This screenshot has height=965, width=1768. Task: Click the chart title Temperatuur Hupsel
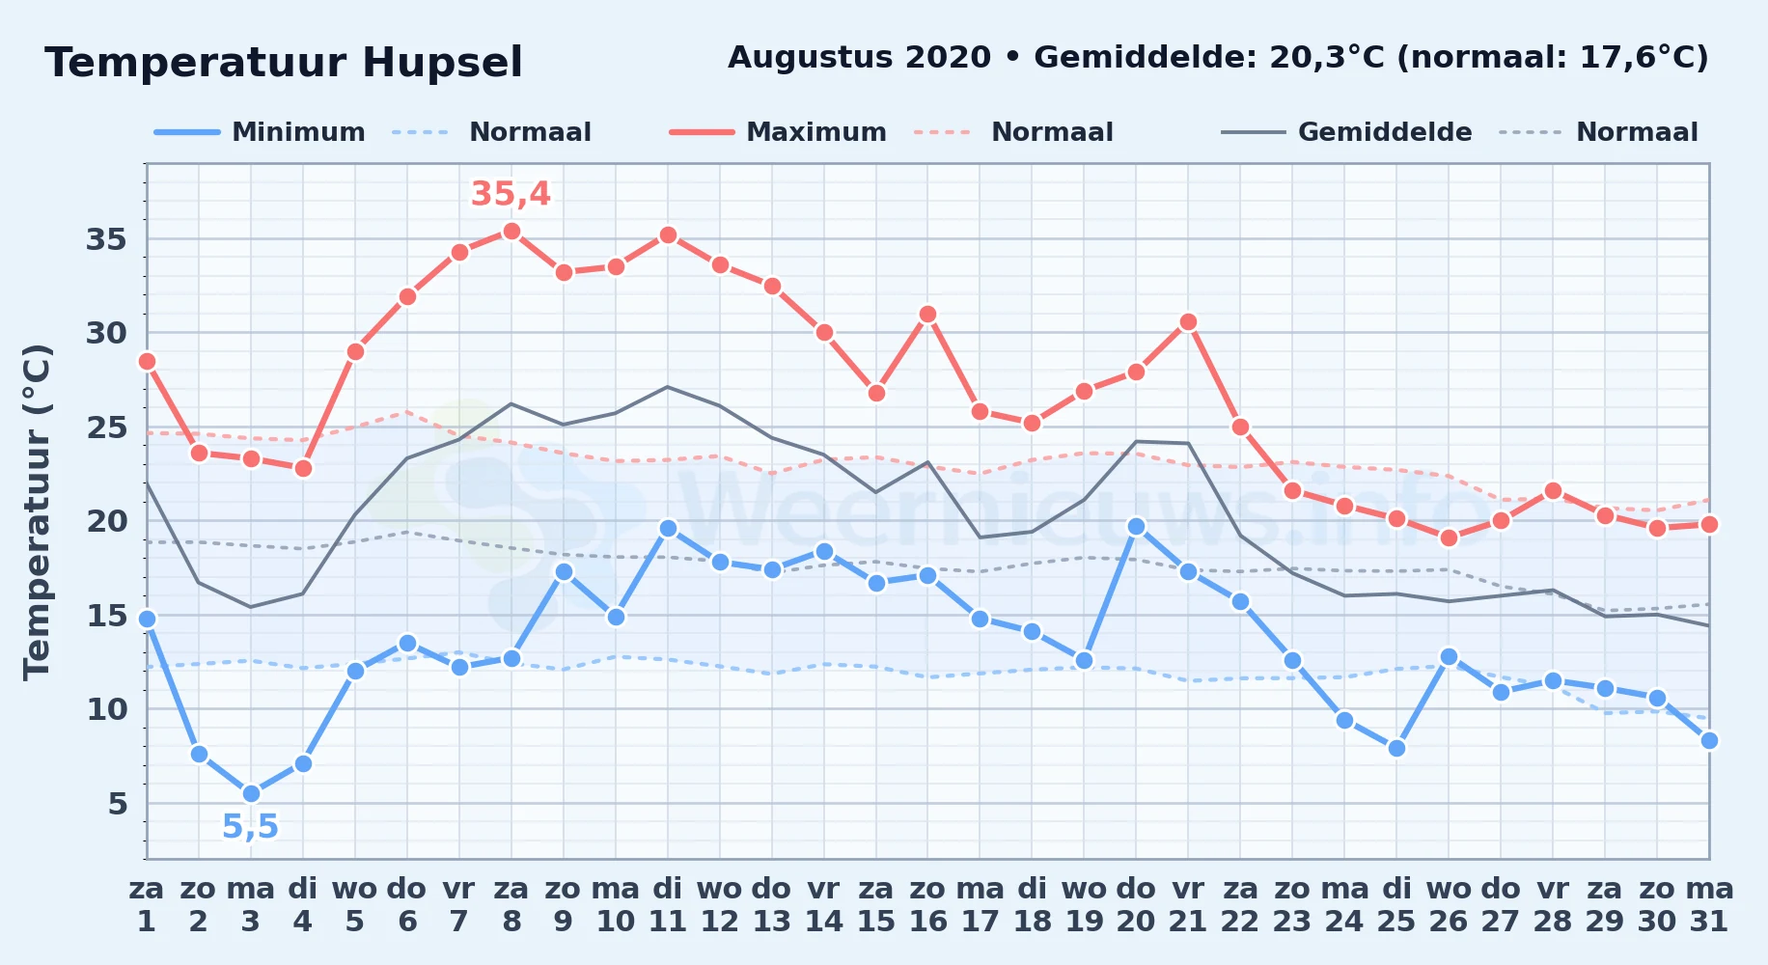[284, 63]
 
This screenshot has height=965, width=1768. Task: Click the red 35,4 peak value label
[511, 194]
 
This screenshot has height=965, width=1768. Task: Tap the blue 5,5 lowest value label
[250, 827]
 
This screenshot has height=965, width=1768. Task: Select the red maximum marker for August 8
[511, 232]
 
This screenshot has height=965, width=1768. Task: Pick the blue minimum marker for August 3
[251, 794]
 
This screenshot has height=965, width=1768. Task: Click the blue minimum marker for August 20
[1136, 526]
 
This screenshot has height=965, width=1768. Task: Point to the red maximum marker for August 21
[1188, 322]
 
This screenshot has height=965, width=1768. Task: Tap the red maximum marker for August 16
[927, 315]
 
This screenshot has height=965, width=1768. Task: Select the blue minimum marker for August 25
[1396, 748]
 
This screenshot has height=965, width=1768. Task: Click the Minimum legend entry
[260, 132]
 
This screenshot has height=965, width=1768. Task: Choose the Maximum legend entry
[778, 132]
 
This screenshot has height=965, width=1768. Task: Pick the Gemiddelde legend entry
[1346, 132]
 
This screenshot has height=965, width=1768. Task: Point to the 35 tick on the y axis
[106, 239]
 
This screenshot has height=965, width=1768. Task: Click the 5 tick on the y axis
[118, 804]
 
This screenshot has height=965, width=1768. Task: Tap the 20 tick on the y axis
[106, 521]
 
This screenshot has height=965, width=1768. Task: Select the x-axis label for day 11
[668, 905]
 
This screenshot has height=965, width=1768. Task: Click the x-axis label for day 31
[1709, 905]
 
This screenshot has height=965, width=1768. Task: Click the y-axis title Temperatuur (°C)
[38, 511]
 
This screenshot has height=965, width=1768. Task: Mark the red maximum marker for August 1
[147, 362]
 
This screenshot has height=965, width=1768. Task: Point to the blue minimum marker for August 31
[1709, 741]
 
